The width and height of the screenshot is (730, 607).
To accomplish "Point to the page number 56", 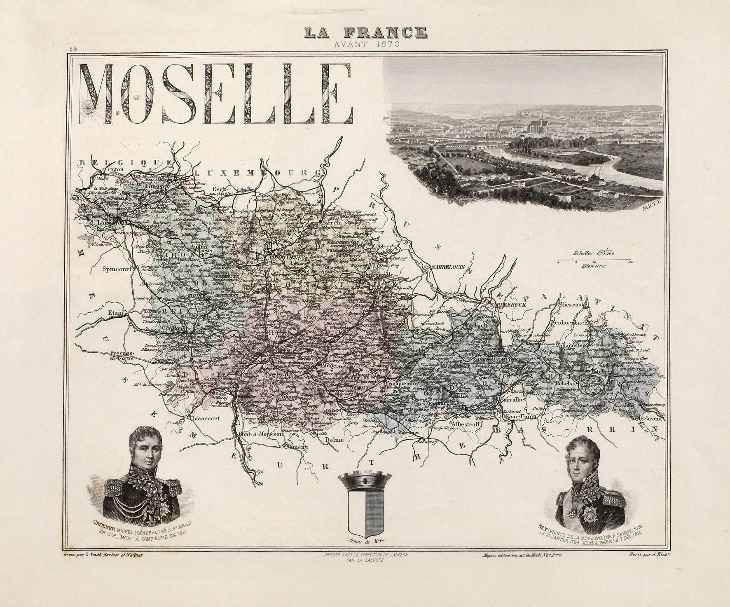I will (74, 48).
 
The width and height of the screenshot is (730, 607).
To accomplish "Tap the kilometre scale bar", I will (594, 261).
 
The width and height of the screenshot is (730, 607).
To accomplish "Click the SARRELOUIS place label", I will (448, 267).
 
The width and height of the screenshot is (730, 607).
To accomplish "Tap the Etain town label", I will (117, 313).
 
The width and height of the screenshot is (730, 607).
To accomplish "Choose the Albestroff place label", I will (465, 423).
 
